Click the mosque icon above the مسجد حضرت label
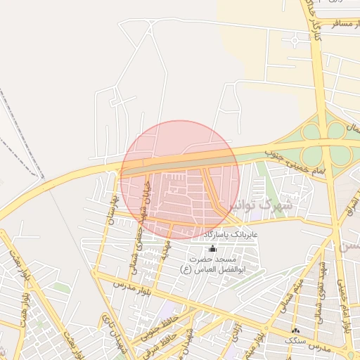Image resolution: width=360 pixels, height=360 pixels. pyautogui.click(x=213, y=248)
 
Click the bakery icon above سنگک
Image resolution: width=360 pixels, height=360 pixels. pyautogui.click(x=295, y=330)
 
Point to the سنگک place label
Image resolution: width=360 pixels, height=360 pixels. pyautogui.click(x=295, y=340)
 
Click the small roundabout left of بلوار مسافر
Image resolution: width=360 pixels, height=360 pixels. pyautogui.click(x=295, y=40)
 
